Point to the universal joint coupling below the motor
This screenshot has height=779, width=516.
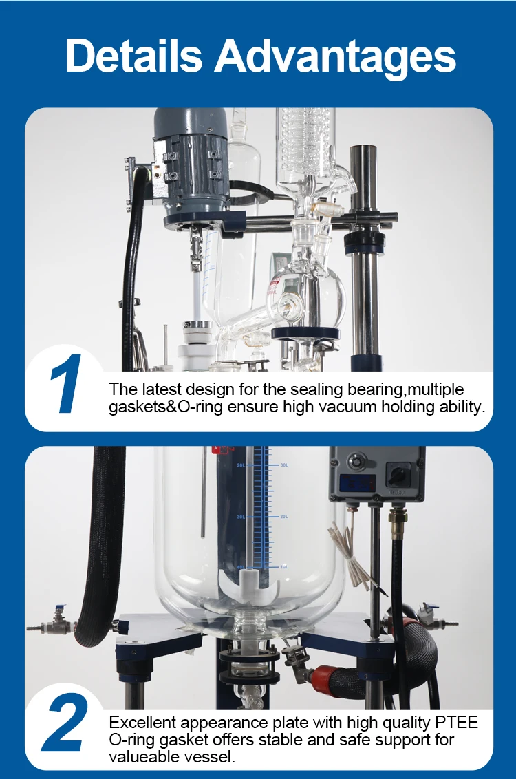(197, 248)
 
